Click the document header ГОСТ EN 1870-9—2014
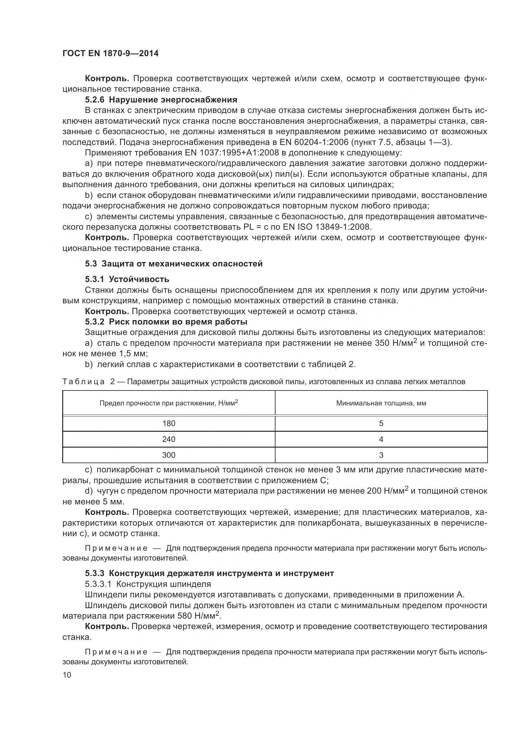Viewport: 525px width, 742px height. point(110,54)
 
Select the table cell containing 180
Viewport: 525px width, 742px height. point(169,424)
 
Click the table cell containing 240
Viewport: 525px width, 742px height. point(169,439)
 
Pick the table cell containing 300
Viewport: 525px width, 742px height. point(169,455)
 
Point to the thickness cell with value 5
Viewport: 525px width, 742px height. point(381,424)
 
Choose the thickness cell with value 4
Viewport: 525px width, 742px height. point(381,439)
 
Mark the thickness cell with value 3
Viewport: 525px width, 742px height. point(381,455)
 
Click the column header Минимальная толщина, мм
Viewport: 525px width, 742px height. point(381,403)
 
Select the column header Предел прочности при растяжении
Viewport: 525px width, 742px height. point(169,403)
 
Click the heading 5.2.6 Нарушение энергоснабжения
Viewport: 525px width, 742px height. point(161,100)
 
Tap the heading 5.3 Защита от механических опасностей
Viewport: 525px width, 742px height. point(174,264)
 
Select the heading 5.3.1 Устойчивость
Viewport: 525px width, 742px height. point(127,279)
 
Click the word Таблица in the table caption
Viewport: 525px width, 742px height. point(83,382)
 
